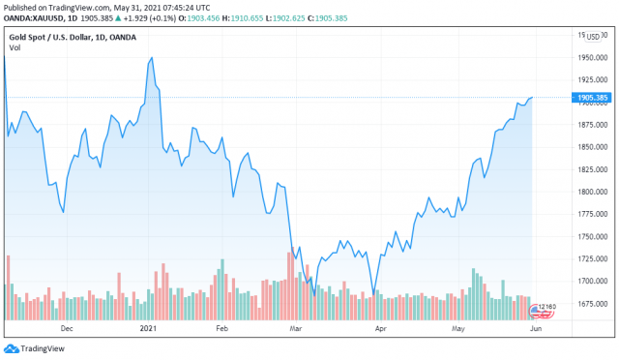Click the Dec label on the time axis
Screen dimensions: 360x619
click(x=67, y=329)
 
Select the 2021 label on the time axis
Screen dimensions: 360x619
click(x=148, y=329)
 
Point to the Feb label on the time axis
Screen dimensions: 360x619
click(x=221, y=329)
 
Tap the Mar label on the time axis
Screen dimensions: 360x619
click(x=295, y=329)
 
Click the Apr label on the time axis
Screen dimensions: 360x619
click(x=380, y=329)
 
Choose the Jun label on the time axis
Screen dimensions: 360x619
click(x=538, y=329)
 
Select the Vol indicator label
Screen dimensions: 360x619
click(x=15, y=48)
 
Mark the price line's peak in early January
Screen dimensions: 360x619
click(x=152, y=58)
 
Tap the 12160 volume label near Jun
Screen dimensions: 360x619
click(x=547, y=308)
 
